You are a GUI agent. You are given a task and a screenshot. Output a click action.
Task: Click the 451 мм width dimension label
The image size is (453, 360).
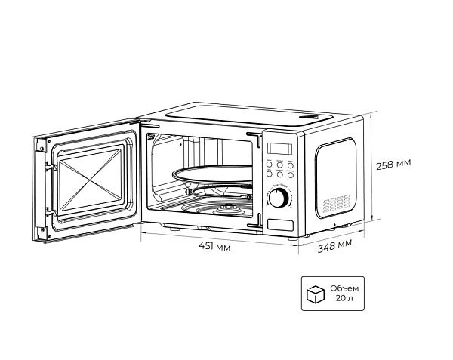click(214, 246)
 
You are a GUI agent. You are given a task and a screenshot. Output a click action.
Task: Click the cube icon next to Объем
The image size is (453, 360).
click(312, 294)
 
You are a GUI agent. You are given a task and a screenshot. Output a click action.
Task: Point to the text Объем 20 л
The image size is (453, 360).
click(344, 294)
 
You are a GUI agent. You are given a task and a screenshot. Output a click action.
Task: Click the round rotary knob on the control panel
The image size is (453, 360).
click(279, 198)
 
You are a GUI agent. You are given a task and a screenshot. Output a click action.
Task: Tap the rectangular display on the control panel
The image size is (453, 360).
click(278, 147)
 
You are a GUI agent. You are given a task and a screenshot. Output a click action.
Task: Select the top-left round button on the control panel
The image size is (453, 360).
click(268, 163)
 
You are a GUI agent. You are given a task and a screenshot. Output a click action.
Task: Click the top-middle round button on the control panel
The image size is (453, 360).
click(280, 163)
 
